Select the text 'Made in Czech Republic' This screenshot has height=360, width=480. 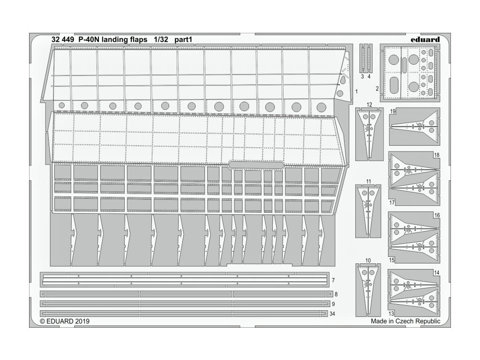[x=405, y=322]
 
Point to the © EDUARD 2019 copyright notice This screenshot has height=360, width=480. [x=65, y=322]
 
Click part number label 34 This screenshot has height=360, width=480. [x=333, y=313]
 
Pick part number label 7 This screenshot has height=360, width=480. [x=333, y=280]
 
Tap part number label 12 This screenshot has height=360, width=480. [x=370, y=104]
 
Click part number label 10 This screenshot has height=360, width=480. [x=367, y=260]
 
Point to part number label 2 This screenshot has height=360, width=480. [x=377, y=88]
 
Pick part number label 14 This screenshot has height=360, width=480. [x=436, y=272]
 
